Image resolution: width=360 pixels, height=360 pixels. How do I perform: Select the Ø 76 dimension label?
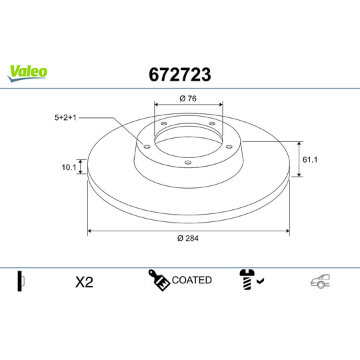tap(188, 99)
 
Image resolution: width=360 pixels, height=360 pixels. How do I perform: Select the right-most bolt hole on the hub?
tap(229, 147)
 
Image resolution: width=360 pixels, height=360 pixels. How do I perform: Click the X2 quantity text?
tap(84, 282)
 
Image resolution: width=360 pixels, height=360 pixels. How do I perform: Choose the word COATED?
tap(192, 280)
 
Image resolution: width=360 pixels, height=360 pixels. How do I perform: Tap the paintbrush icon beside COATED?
tap(159, 281)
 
